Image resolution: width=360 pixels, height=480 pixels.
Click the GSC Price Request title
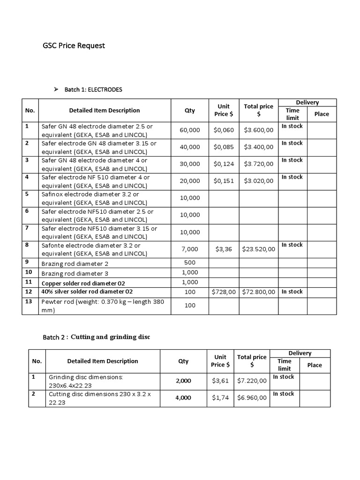click(74, 45)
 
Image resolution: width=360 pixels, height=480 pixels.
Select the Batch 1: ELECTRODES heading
click(93, 89)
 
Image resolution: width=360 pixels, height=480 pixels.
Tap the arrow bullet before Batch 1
click(56, 89)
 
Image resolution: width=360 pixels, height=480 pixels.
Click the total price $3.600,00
click(258, 130)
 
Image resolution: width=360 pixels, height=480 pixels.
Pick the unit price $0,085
click(224, 147)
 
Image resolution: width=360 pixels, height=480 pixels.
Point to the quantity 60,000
click(190, 130)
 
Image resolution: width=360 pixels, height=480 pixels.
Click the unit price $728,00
click(224, 292)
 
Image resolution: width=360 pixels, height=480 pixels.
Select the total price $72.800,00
click(258, 292)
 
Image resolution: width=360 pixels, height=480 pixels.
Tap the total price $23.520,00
click(258, 249)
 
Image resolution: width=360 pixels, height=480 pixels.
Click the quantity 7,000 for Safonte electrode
click(190, 249)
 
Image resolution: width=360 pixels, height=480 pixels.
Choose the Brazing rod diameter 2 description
click(75, 264)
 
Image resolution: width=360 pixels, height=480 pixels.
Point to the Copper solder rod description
click(83, 283)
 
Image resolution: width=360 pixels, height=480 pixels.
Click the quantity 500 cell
click(190, 262)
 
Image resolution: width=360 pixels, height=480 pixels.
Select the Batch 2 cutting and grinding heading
click(96, 337)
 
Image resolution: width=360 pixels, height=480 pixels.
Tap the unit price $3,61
click(220, 381)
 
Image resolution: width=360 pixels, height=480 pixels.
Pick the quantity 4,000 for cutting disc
click(183, 397)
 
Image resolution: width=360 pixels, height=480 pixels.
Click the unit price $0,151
click(224, 180)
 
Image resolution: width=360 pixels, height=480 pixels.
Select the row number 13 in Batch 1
click(28, 301)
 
